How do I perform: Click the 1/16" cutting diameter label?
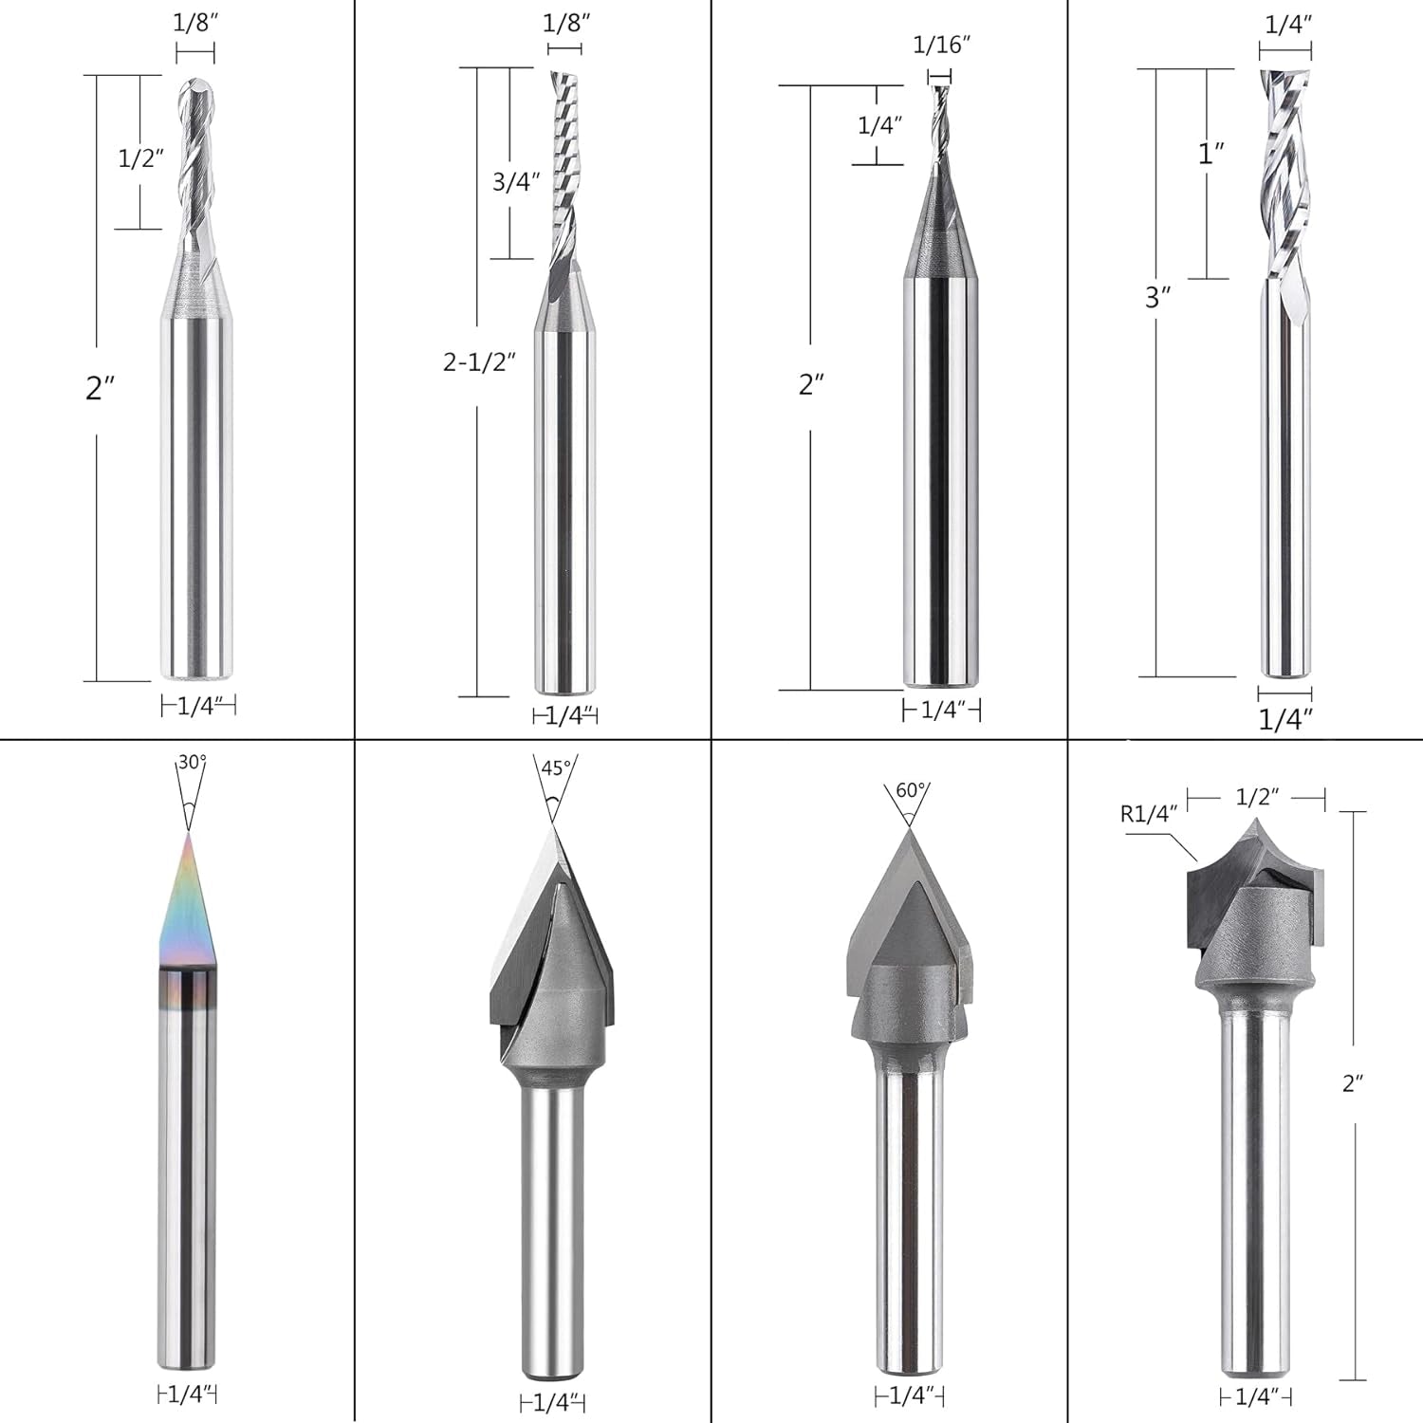click(x=942, y=45)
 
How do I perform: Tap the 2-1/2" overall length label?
click(x=480, y=361)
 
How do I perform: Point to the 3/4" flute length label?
click(x=516, y=181)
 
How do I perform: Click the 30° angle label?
click(x=192, y=762)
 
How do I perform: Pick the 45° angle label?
click(x=556, y=767)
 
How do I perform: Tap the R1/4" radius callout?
click(x=1149, y=812)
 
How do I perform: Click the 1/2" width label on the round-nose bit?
click(x=1257, y=797)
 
